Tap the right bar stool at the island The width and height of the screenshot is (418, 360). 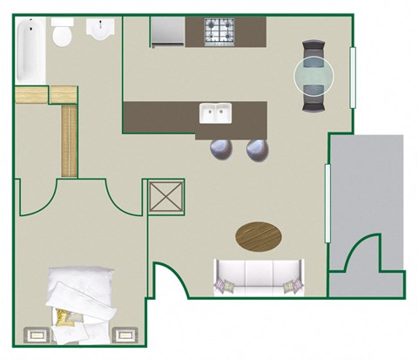[x=258, y=150]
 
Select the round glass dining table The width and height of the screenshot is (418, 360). [x=313, y=76]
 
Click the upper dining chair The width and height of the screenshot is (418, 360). [x=313, y=50]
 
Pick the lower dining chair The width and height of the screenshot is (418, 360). [x=313, y=102]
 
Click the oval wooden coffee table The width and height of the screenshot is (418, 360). [x=260, y=234]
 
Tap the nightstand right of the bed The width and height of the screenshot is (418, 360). [x=125, y=335]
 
